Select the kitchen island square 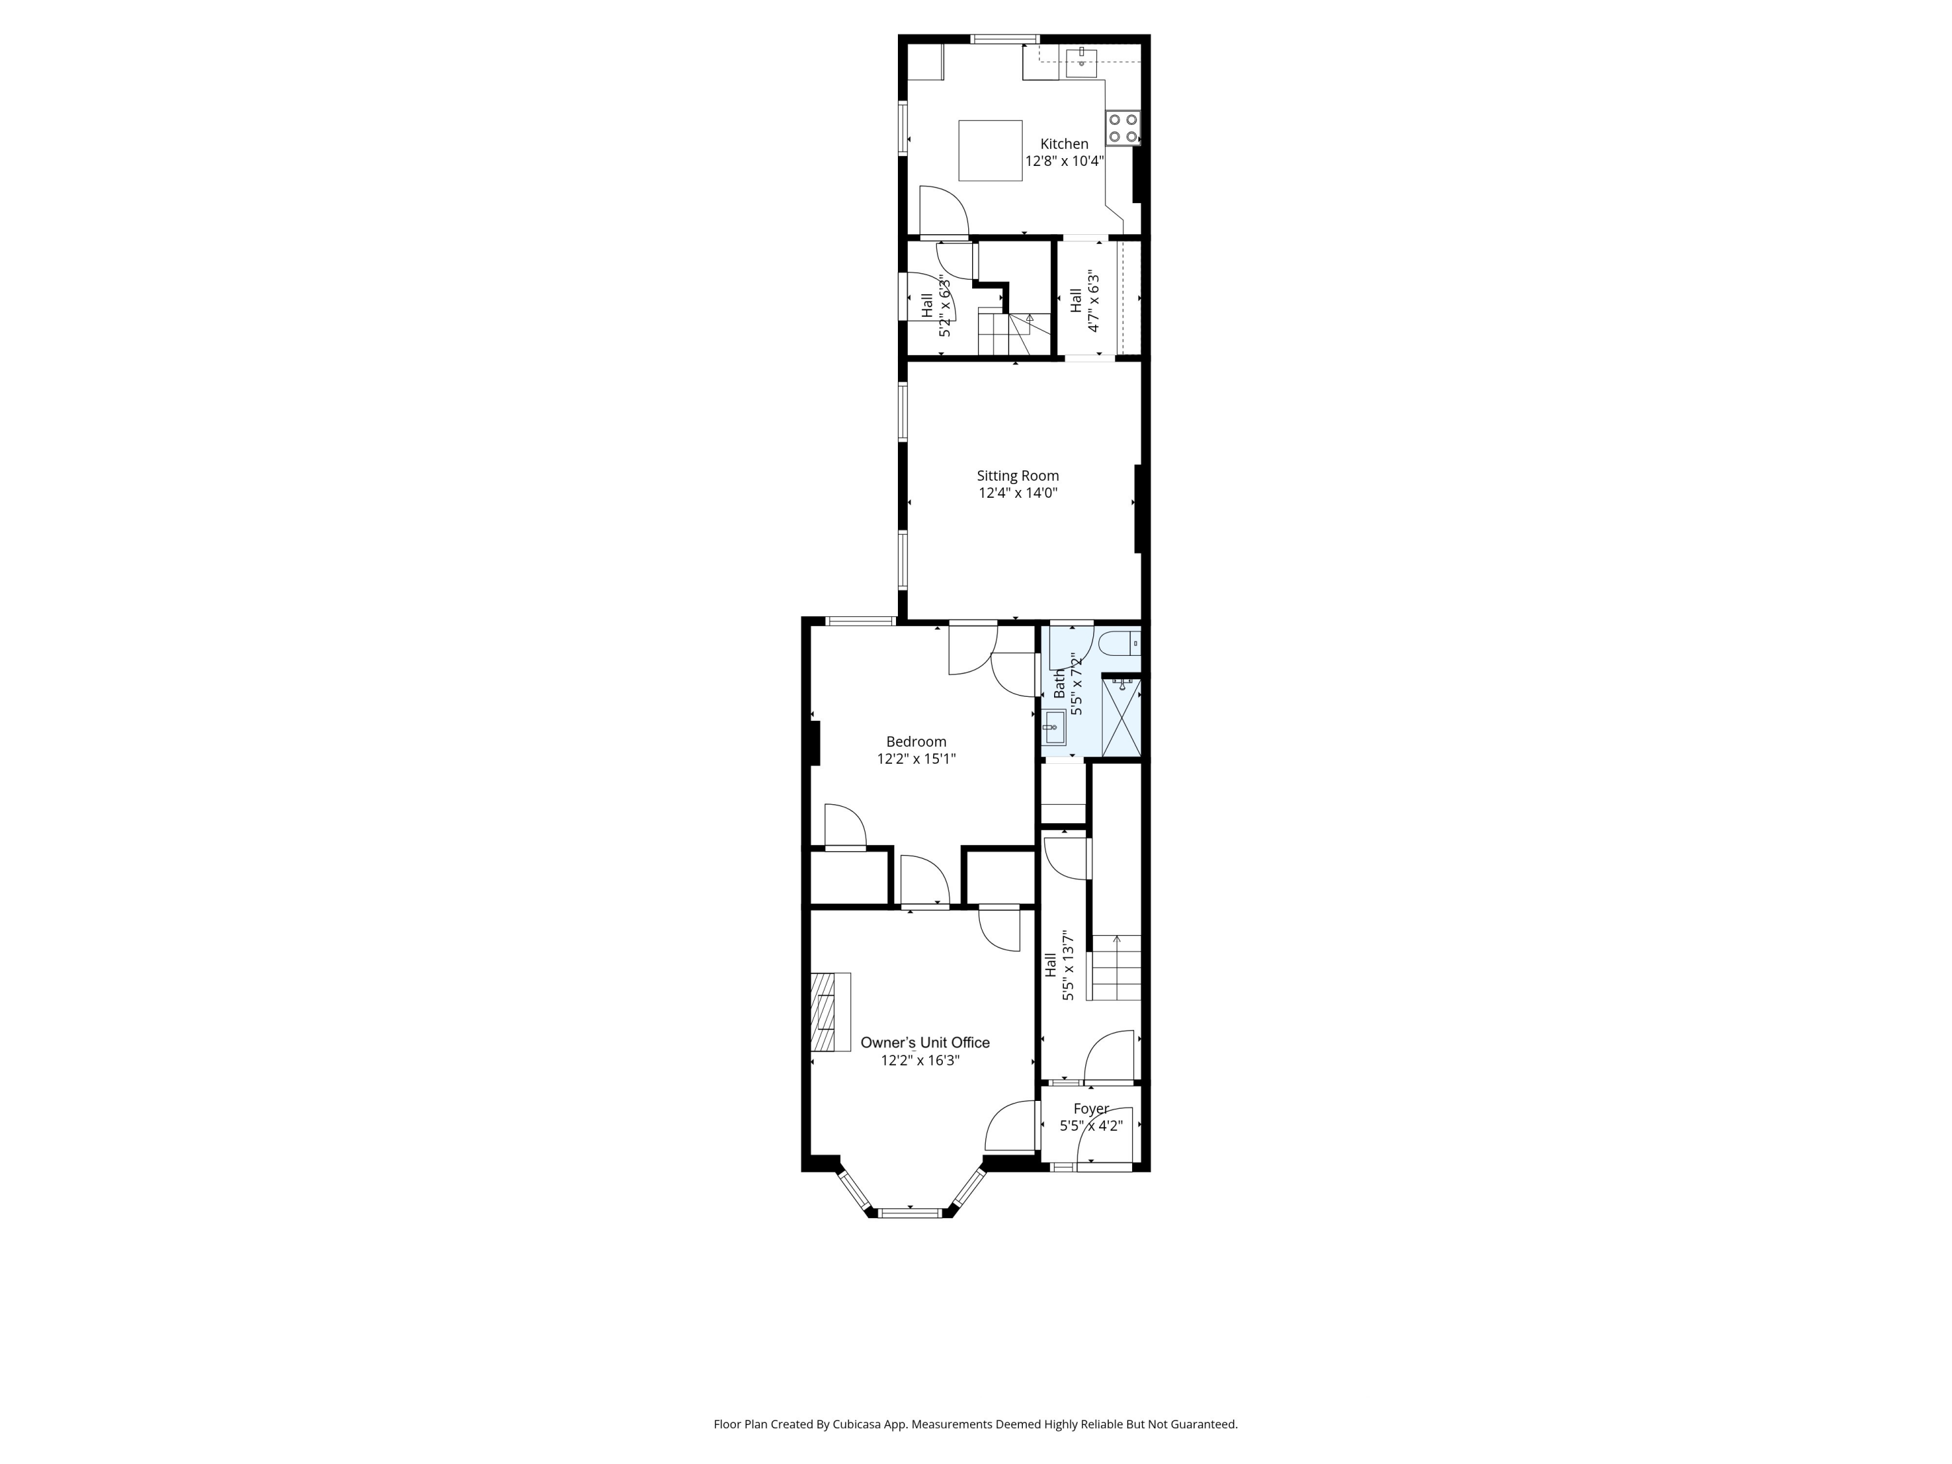click(990, 151)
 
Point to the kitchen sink click(1081, 60)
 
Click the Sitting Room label click(1018, 476)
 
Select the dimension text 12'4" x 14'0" click(1018, 493)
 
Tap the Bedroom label click(916, 741)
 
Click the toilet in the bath click(1123, 642)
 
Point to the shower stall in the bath click(1122, 716)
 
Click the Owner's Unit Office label click(925, 1042)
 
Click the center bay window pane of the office click(912, 1212)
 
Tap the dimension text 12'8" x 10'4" click(1064, 161)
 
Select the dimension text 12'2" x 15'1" click(916, 759)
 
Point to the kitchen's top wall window click(1005, 39)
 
